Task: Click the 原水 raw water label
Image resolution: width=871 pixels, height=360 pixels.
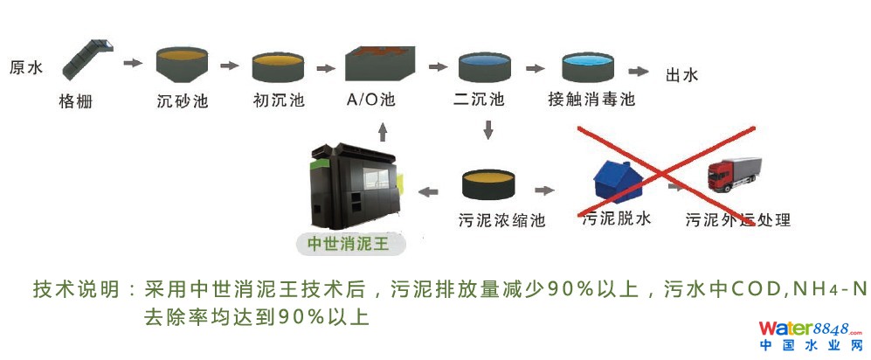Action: pos(25,67)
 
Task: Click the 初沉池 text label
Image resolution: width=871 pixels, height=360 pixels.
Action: pos(278,100)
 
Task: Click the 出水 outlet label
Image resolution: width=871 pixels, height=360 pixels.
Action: pos(681,76)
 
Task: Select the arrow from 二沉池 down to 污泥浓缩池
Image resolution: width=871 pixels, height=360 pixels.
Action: pos(488,130)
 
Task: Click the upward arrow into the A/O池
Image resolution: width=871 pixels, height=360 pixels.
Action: pos(382,131)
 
